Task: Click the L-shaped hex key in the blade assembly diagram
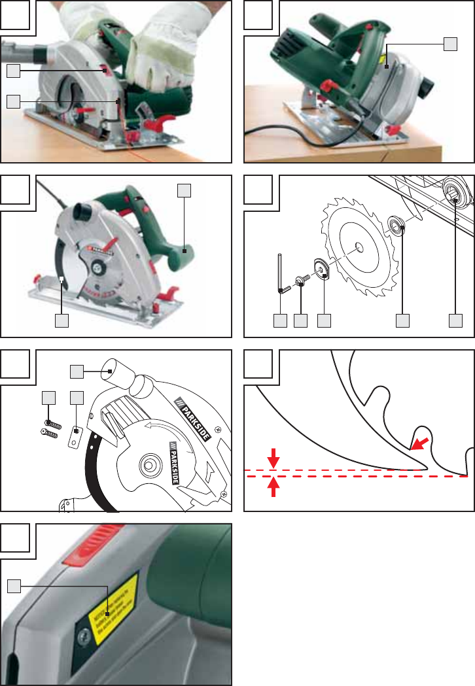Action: pos(280,275)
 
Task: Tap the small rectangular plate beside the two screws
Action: pos(75,436)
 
